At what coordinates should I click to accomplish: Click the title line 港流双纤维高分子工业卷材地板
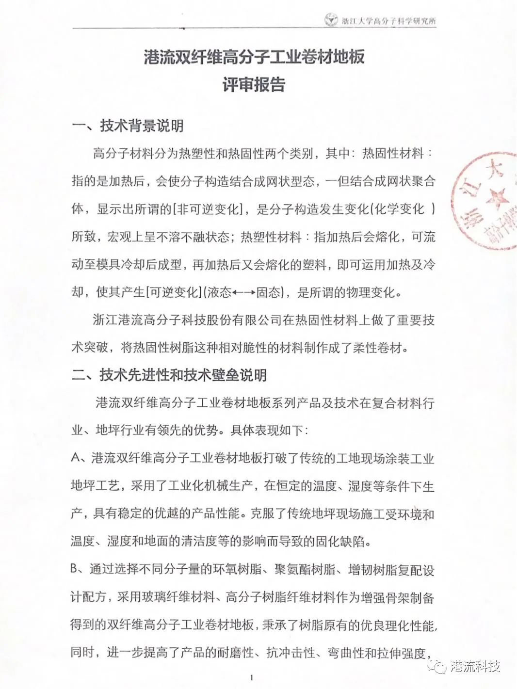pyautogui.click(x=254, y=58)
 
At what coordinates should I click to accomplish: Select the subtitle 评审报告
pyautogui.click(x=254, y=85)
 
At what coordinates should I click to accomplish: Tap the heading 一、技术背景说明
pyautogui.click(x=128, y=126)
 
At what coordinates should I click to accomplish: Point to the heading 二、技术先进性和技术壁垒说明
pyautogui.click(x=169, y=375)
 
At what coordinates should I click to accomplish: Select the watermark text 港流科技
pyautogui.click(x=475, y=666)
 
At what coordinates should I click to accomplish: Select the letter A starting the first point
pyautogui.click(x=76, y=459)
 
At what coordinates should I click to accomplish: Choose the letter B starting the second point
pyautogui.click(x=76, y=569)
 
